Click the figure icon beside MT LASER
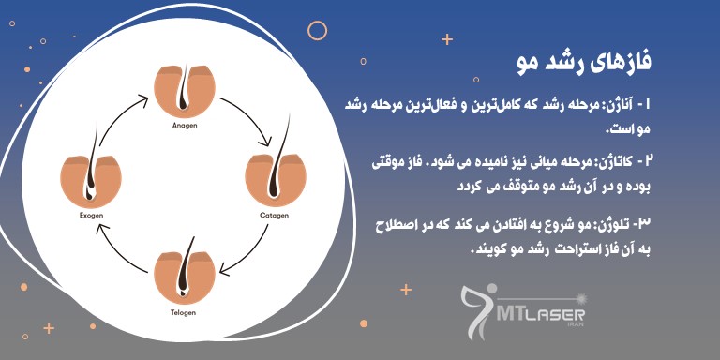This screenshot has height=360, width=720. point(480,309)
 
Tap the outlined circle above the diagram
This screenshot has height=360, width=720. point(317,30)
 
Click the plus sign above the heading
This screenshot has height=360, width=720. point(447,39)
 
